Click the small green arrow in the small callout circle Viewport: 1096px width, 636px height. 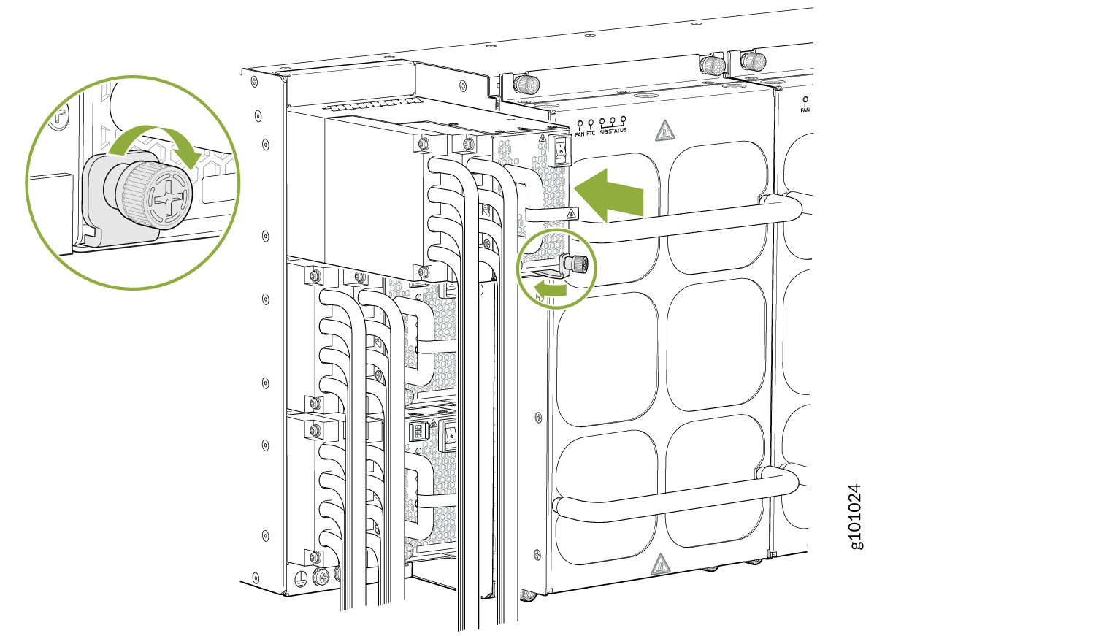(550, 290)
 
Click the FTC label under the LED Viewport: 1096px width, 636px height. (591, 134)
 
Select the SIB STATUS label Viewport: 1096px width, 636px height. (613, 131)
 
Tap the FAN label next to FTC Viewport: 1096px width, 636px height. (580, 134)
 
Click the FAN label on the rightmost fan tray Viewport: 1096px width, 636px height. (805, 110)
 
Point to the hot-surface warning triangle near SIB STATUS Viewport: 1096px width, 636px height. (664, 131)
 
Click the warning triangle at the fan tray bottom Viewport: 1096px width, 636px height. (661, 564)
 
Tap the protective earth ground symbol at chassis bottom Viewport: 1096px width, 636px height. (301, 578)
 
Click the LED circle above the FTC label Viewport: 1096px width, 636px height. (591, 123)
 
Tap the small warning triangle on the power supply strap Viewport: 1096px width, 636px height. (570, 214)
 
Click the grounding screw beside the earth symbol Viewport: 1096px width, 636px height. (321, 576)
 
